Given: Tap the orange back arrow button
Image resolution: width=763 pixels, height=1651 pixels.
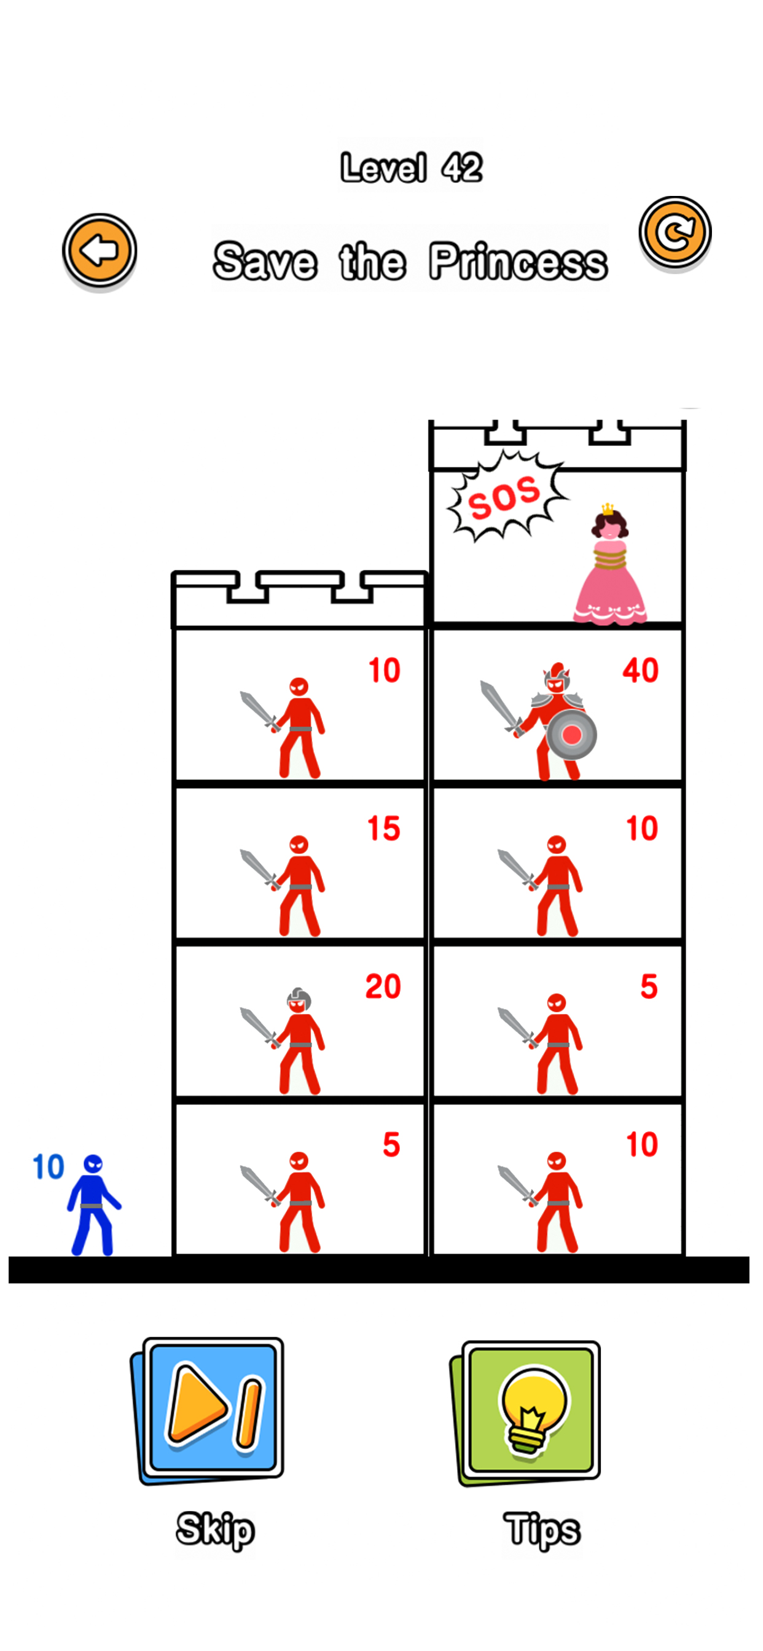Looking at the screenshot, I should (x=100, y=250).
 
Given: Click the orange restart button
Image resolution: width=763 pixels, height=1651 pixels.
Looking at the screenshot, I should (x=675, y=232).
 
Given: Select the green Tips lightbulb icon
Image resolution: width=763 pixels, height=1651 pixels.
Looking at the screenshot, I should (x=530, y=1412).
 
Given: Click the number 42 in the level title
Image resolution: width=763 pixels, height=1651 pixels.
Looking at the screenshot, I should (x=461, y=168).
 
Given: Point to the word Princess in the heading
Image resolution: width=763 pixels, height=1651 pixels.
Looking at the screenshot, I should (x=518, y=262).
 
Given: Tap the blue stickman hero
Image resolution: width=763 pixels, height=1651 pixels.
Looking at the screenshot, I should (x=93, y=1205).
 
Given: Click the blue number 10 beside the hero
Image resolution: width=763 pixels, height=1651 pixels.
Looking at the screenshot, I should (x=48, y=1167).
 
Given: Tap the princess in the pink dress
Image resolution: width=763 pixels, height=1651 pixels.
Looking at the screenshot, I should (x=610, y=571).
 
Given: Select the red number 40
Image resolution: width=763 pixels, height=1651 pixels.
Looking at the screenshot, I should (x=640, y=670).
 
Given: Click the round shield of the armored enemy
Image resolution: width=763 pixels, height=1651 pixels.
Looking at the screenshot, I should (x=572, y=735).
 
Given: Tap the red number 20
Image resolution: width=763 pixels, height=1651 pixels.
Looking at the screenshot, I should (x=383, y=986).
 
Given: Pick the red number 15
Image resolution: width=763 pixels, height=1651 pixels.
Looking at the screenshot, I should (x=383, y=829).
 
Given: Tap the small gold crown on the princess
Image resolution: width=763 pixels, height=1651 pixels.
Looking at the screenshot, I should (x=607, y=509).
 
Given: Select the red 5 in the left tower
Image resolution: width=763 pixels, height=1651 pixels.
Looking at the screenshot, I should (x=391, y=1145).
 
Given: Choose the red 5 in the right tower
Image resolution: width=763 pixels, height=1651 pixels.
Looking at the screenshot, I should (x=649, y=986).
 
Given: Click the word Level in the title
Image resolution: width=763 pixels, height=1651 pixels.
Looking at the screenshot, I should (x=383, y=168).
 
